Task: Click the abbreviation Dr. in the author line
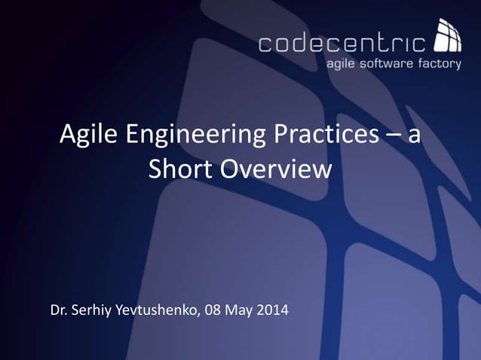[x=59, y=310]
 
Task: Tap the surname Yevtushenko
[x=158, y=310]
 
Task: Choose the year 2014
[x=274, y=310]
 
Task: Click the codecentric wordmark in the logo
[x=342, y=43]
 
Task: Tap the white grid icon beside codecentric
[x=448, y=38]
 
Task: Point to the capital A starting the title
[x=68, y=136]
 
